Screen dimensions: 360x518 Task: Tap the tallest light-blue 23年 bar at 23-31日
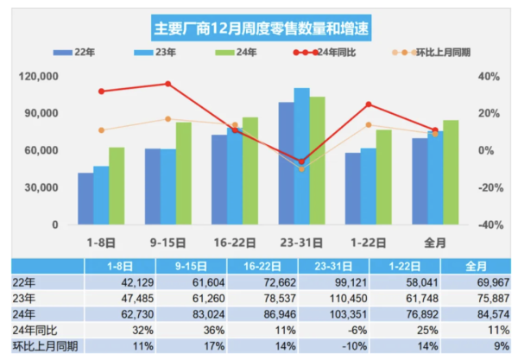click(x=301, y=155)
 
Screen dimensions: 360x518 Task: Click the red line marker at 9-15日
click(x=168, y=84)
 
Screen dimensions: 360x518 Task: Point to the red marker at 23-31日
click(x=301, y=161)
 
